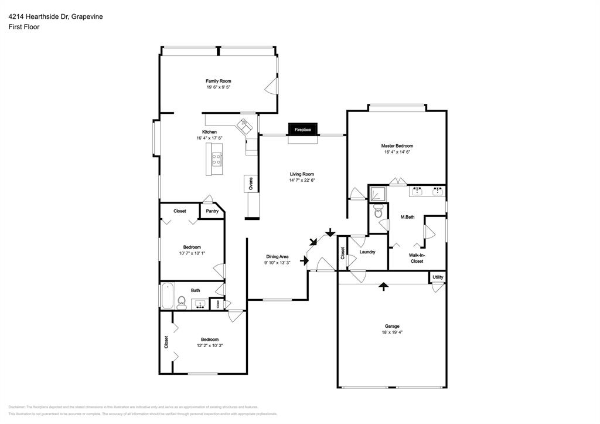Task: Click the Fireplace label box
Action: click(x=302, y=130)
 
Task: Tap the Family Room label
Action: click(x=218, y=81)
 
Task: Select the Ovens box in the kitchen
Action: click(x=250, y=183)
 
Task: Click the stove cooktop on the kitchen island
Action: click(x=216, y=157)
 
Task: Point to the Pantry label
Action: click(x=212, y=211)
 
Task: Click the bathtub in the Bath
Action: click(x=167, y=296)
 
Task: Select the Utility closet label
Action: click(x=438, y=277)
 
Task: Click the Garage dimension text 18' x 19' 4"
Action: click(x=392, y=332)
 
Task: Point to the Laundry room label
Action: click(x=367, y=252)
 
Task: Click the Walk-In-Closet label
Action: click(x=417, y=258)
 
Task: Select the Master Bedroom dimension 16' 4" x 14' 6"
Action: click(x=397, y=152)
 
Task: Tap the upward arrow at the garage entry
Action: click(x=383, y=286)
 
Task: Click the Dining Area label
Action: click(x=277, y=256)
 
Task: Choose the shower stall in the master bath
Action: click(x=378, y=193)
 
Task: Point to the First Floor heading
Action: click(x=24, y=27)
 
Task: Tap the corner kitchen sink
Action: click(x=243, y=124)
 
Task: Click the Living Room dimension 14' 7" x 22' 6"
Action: click(x=302, y=181)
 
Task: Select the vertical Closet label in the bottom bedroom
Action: click(x=166, y=341)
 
